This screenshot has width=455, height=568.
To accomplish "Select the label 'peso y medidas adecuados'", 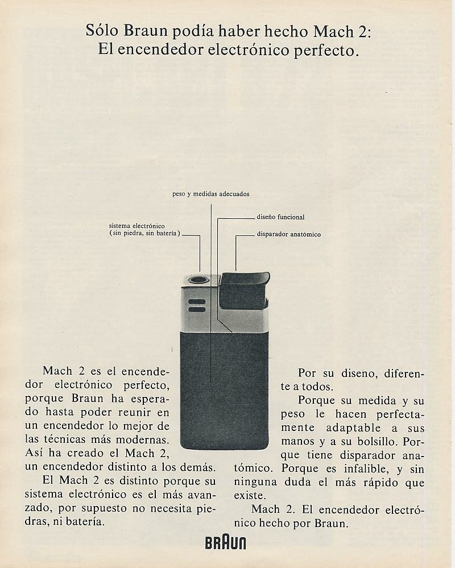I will click(210, 194).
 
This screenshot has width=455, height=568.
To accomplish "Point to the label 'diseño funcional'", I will click(280, 217).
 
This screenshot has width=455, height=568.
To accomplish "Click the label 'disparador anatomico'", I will click(288, 234).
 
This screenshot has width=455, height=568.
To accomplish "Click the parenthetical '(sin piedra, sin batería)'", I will click(145, 233).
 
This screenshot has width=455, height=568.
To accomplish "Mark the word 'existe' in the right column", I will click(249, 495).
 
